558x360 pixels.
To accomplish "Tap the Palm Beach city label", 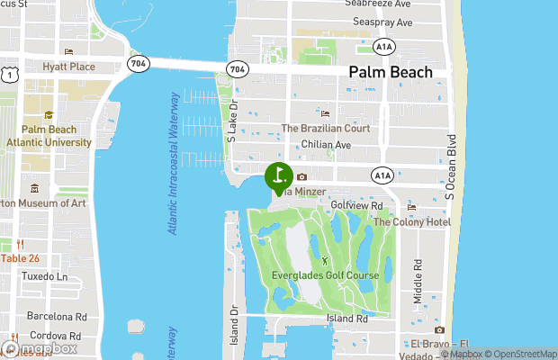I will [x=390, y=73].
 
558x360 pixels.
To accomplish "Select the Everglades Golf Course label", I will [x=325, y=274].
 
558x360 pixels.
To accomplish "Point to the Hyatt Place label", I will [x=68, y=67].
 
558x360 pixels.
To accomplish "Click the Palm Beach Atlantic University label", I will [x=49, y=136].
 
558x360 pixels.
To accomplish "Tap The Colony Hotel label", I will [x=412, y=221].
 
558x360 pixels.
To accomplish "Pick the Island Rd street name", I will [x=347, y=319].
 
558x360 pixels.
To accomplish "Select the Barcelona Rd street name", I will [x=55, y=317].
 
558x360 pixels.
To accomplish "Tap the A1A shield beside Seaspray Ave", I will [x=384, y=44].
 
